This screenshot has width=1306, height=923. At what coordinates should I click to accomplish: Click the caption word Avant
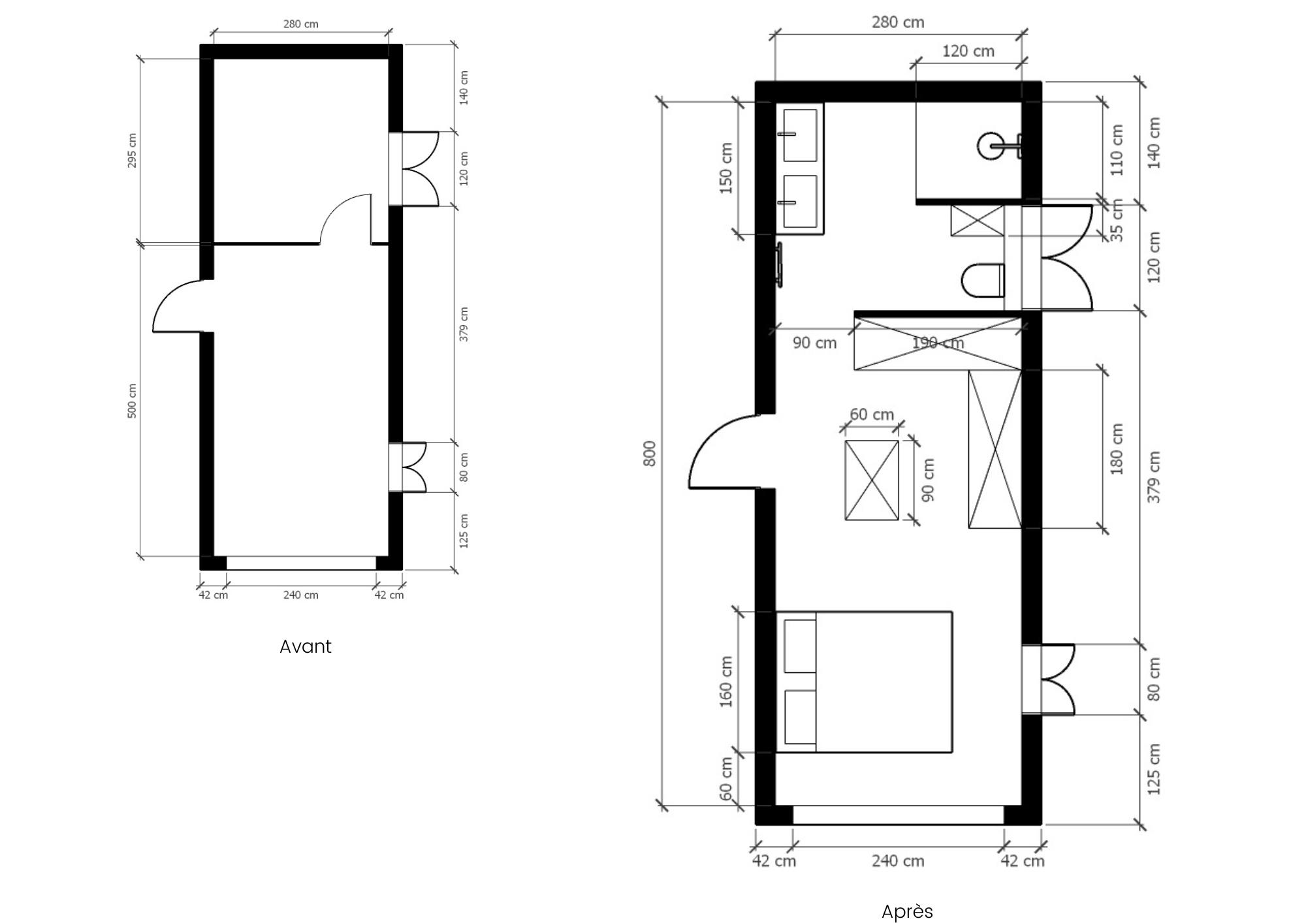pyautogui.click(x=305, y=646)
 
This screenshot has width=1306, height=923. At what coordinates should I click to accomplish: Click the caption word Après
pyautogui.click(x=907, y=911)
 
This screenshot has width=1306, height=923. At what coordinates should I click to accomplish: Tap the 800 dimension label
pyautogui.click(x=650, y=454)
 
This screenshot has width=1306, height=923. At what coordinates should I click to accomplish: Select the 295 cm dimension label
pyautogui.click(x=132, y=151)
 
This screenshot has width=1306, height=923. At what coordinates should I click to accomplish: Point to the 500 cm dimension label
pyautogui.click(x=132, y=401)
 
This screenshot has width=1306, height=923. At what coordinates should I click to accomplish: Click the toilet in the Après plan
pyautogui.click(x=983, y=281)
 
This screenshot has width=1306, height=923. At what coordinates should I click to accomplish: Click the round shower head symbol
pyautogui.click(x=989, y=146)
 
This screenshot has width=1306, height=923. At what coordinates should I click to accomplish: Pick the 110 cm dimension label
pyautogui.click(x=1117, y=150)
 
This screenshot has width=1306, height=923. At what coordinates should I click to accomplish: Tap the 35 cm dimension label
pyautogui.click(x=1117, y=221)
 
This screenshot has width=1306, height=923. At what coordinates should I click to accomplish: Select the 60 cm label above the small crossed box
pyautogui.click(x=872, y=415)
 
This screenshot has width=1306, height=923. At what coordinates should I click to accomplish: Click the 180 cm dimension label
pyautogui.click(x=1117, y=449)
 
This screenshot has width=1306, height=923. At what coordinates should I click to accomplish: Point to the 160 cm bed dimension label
pyautogui.click(x=725, y=681)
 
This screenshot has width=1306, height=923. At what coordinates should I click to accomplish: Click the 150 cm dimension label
pyautogui.click(x=725, y=168)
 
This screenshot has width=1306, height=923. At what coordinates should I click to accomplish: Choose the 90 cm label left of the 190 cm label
pyautogui.click(x=814, y=343)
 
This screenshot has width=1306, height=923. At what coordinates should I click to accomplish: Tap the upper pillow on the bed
pyautogui.click(x=800, y=646)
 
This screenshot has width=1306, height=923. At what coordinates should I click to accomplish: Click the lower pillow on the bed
pyautogui.click(x=800, y=717)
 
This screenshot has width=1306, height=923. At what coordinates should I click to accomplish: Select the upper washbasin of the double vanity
pyautogui.click(x=800, y=134)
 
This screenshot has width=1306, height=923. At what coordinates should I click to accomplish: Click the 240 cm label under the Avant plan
pyautogui.click(x=301, y=595)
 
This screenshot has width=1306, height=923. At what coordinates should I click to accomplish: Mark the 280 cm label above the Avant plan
pyautogui.click(x=301, y=24)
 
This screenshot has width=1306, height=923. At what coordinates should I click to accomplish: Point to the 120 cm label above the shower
pyautogui.click(x=968, y=51)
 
